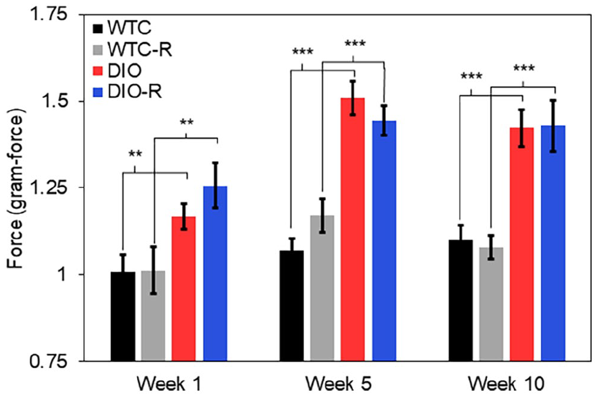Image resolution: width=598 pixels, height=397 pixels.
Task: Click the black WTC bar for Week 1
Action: tap(123, 316)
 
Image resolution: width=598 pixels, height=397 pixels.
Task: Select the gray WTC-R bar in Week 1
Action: tap(153, 316)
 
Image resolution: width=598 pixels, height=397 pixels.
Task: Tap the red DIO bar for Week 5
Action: tap(353, 230)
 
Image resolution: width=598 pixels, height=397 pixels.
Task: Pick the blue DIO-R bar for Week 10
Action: tap(553, 243)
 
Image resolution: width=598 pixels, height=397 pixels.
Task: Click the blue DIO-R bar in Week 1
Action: tap(215, 274)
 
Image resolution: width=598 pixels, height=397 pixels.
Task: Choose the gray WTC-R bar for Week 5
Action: tap(322, 288)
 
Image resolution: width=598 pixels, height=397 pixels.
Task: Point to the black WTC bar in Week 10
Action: tap(460, 300)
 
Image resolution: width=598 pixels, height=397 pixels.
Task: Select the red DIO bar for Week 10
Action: tap(522, 244)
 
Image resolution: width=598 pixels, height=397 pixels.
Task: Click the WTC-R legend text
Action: tap(140, 49)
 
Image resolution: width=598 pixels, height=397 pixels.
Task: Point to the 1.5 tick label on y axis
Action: tap(58, 101)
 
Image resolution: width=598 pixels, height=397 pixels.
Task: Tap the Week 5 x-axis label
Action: tap(338, 384)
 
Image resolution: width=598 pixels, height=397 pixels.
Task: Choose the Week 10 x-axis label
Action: tap(506, 384)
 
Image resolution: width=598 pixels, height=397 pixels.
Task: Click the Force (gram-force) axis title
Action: tap(15, 189)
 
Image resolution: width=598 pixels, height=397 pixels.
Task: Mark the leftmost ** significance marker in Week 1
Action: tap(135, 155)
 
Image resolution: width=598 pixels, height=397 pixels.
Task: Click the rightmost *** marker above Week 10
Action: tap(524, 68)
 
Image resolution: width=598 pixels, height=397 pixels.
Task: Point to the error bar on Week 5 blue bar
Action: tap(384, 120)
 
